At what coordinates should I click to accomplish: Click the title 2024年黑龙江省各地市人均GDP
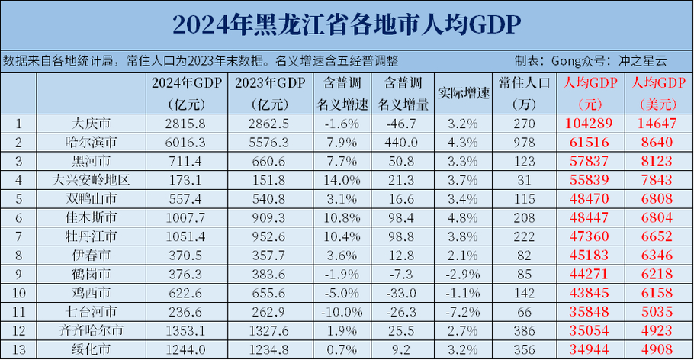(x=346, y=24)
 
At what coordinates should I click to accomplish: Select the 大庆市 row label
(x=91, y=123)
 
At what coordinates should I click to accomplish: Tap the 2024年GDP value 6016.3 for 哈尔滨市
(x=175, y=142)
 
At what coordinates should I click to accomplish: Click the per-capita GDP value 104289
(x=592, y=123)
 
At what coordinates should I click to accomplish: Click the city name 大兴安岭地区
(x=91, y=180)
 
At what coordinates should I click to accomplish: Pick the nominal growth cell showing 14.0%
(x=336, y=180)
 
